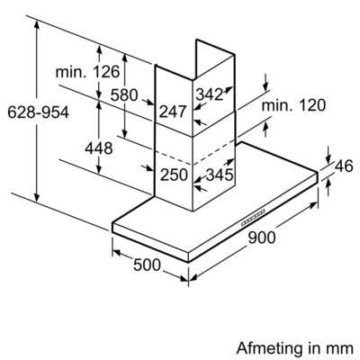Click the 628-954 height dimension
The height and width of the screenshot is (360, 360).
click(x=38, y=112)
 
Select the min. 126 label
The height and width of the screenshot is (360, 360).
click(x=87, y=72)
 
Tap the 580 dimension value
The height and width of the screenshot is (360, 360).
click(x=124, y=95)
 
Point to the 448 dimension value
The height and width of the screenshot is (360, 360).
click(x=99, y=148)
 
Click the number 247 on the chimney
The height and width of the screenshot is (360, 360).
click(x=173, y=112)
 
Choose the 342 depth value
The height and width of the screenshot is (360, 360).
click(x=210, y=94)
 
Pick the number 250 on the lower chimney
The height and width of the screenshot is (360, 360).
click(x=174, y=175)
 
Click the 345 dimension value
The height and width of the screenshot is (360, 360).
click(x=220, y=175)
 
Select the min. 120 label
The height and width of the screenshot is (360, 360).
click(x=293, y=105)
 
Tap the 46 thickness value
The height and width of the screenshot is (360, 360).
click(x=344, y=166)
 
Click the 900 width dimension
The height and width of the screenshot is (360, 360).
click(x=262, y=238)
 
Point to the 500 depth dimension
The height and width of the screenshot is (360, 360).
click(x=147, y=265)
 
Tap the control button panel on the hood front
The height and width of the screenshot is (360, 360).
click(x=253, y=217)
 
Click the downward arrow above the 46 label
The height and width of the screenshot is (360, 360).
click(x=328, y=156)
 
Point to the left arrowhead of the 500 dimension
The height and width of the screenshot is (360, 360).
click(x=117, y=253)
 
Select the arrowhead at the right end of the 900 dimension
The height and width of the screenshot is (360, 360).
click(x=313, y=205)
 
